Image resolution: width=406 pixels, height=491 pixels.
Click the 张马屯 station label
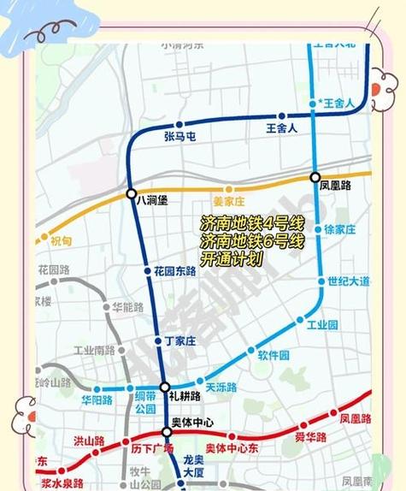[180, 135]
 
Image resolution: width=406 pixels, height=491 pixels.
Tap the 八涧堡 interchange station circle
[131, 194]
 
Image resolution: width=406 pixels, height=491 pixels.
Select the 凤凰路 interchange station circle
[315, 177]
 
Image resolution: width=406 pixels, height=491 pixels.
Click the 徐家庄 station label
[339, 229]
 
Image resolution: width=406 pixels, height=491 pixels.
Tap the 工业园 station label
[322, 325]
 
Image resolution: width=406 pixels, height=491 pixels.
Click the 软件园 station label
[274, 355]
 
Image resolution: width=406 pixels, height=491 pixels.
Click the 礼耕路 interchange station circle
[165, 387]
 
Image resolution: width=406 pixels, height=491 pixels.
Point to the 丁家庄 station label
[180, 340]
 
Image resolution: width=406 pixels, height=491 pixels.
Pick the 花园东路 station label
[175, 271]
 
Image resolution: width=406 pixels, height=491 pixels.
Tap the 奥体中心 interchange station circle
[168, 432]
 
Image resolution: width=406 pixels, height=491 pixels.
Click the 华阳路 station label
[97, 399]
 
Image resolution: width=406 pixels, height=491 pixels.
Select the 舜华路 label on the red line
[311, 437]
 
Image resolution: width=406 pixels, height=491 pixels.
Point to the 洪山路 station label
[88, 441]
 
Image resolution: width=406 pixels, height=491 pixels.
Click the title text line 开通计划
[232, 257]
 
